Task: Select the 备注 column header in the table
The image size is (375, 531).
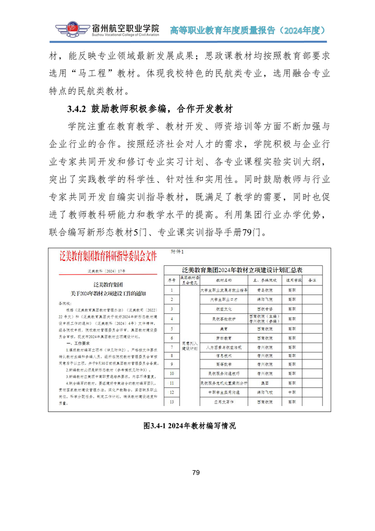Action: (311, 280)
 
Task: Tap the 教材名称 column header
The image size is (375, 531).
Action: (222, 280)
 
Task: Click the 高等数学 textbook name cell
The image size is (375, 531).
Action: (222, 364)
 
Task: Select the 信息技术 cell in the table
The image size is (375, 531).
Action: (222, 355)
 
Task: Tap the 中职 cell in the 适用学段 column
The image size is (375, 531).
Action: (292, 392)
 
